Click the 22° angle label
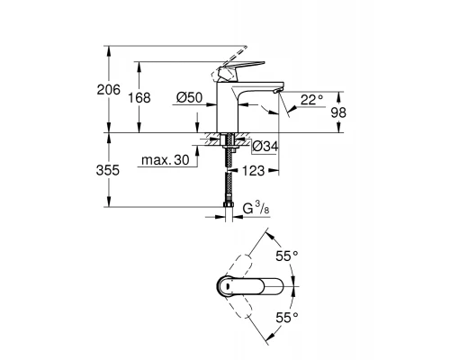click(310, 100)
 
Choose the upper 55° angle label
click(286, 256)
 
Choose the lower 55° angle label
click(286, 318)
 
